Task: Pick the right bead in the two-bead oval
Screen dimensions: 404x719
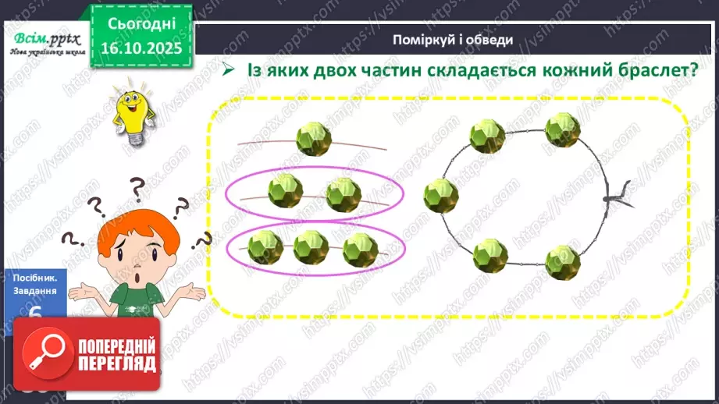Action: pos(343,193)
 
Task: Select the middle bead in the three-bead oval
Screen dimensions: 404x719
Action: pos(311,247)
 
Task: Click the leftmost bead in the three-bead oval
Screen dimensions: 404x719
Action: pos(265,246)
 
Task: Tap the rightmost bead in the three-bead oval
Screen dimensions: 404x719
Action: pos(360,248)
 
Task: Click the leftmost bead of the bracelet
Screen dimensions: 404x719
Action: pos(441,194)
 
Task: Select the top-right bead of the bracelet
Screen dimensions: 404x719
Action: pos(562,130)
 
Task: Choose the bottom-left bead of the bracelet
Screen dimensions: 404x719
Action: pos(490,254)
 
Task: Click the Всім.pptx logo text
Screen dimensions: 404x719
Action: pos(43,39)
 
